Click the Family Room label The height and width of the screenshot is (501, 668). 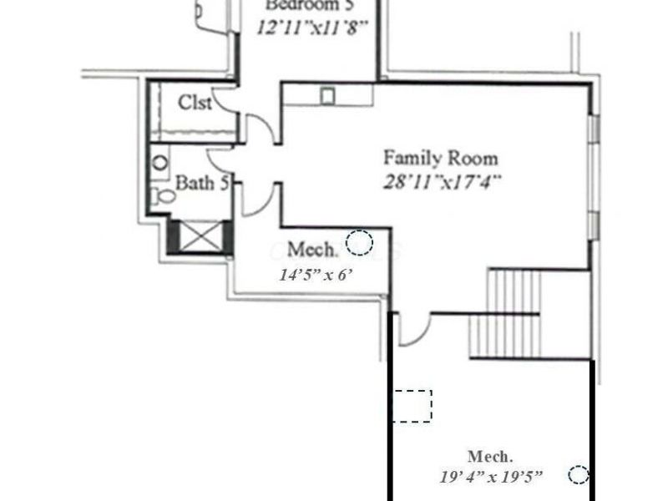point(440,157)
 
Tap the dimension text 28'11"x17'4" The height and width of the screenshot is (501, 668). point(442,181)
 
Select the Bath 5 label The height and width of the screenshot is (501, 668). point(201,182)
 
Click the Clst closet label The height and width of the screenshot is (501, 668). point(195,103)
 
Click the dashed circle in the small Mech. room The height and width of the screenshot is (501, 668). point(360,242)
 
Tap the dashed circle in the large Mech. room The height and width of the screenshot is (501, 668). point(578,474)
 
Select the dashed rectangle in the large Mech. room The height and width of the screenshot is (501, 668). point(412,406)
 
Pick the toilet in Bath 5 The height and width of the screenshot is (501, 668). point(164,197)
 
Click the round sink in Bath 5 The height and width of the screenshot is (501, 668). point(160,162)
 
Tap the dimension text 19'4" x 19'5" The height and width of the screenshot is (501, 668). point(491,477)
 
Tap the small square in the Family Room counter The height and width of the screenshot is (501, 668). point(327,96)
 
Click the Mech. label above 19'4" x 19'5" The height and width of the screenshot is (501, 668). point(490,457)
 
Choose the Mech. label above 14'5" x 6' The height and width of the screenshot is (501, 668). point(313,250)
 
